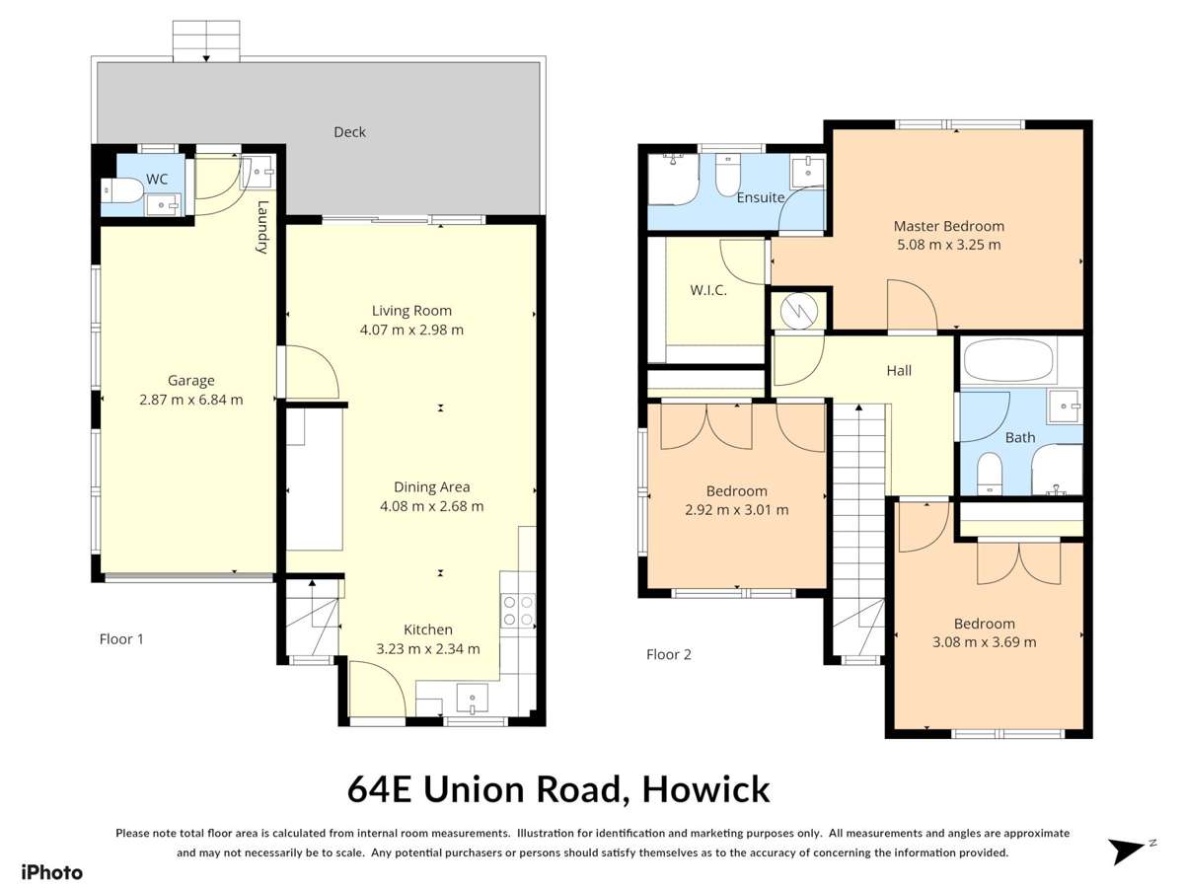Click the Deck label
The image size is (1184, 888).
349,131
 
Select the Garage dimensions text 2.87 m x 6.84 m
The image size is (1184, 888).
190,400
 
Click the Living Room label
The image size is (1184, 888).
411,310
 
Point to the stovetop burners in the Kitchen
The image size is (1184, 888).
517,611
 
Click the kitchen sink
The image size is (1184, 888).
473,700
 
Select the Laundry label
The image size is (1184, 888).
262,228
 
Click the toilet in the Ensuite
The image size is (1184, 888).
726,176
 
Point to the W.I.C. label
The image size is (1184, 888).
707,290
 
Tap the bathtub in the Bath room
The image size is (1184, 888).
1008,360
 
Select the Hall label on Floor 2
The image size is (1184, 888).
898,371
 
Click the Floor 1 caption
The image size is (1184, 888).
121,638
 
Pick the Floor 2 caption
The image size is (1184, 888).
668,654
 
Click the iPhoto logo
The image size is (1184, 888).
51,871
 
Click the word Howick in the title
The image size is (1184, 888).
705,789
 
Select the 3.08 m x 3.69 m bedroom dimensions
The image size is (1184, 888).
984,642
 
